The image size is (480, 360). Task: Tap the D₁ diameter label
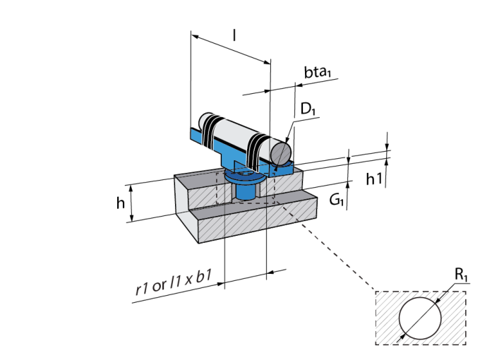(x=307, y=109)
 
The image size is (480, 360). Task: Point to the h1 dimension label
(x=375, y=179)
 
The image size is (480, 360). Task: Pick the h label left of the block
(x=121, y=203)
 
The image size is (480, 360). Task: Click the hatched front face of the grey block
(x=268, y=224)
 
